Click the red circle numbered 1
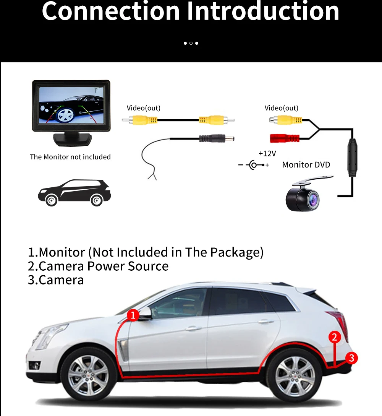tap(133, 315)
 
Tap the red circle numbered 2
tap(334, 337)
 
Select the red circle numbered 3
tap(351, 358)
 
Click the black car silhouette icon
tap(74, 193)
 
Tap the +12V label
tap(267, 153)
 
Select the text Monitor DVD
tap(306, 165)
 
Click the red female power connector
tap(286, 137)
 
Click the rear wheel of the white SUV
tap(295, 376)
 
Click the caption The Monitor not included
tap(70, 157)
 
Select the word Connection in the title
tap(110, 11)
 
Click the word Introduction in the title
tap(262, 11)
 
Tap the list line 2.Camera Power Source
tap(98, 266)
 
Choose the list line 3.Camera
tap(56, 280)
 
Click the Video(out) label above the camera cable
tap(282, 108)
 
